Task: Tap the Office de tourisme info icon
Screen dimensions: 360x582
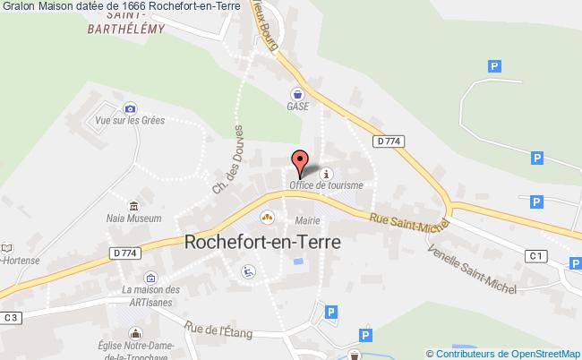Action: tap(327, 174)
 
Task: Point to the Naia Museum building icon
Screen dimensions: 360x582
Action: tap(133, 205)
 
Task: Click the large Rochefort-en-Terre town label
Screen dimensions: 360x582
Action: tap(256, 240)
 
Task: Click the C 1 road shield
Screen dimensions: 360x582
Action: tap(535, 257)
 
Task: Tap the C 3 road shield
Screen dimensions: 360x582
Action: tap(11, 317)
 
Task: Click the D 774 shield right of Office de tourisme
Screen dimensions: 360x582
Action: tap(387, 141)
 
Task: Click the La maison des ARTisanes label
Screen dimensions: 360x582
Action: tap(150, 295)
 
